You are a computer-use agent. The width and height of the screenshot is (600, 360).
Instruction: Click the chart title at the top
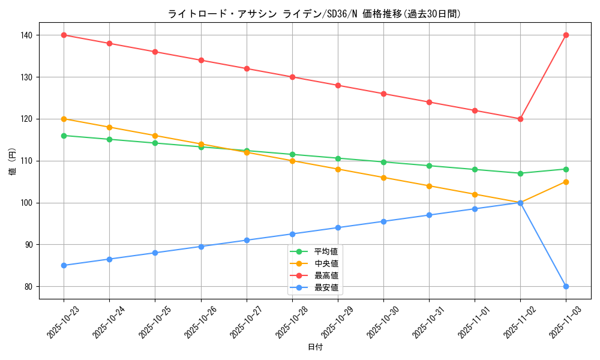click(x=314, y=14)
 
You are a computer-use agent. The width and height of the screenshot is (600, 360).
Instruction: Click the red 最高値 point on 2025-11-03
click(x=566, y=35)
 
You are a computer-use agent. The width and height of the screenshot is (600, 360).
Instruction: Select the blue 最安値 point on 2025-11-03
click(x=566, y=286)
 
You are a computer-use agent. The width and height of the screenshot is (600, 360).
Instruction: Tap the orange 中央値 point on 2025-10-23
click(x=64, y=119)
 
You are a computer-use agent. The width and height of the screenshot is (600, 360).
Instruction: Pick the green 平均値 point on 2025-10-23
click(x=64, y=136)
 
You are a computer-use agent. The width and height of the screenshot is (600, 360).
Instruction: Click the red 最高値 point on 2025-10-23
click(x=64, y=35)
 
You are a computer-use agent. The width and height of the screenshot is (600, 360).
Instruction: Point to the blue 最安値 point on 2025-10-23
click(x=64, y=265)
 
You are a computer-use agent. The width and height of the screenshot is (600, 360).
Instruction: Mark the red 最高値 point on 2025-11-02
click(x=520, y=119)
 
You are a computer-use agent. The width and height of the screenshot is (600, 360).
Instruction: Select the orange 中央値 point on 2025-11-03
click(x=566, y=182)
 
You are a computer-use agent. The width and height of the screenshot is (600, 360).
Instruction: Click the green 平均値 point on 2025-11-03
click(x=566, y=169)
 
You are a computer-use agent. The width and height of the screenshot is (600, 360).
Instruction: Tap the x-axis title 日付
click(x=314, y=347)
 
